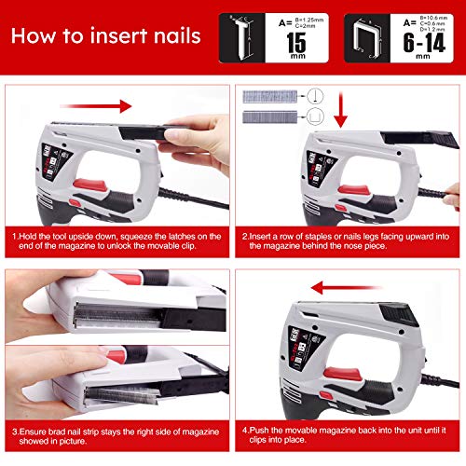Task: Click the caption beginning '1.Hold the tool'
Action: [x=116, y=242]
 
